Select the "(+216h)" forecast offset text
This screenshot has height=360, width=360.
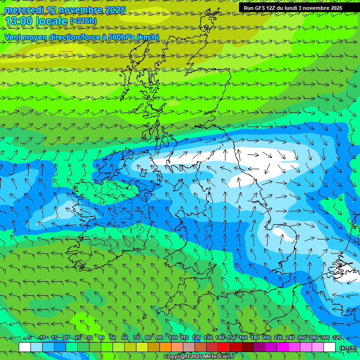tap(83, 21)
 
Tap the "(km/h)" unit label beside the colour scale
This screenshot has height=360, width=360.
tap(347, 347)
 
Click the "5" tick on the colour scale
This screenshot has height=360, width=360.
tap(29, 337)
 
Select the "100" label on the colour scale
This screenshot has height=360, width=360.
tap(172, 337)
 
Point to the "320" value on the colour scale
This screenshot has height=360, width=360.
tap(337, 337)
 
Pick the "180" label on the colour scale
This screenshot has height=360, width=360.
tap(255, 337)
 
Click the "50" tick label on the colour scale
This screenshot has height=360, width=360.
tap(113, 337)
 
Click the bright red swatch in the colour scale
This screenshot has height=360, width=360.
tap(224, 347)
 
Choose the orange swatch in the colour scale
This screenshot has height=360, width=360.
tap(165, 347)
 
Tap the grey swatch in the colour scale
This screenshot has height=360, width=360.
tap(189, 347)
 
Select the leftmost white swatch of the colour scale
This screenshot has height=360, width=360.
tap(25, 347)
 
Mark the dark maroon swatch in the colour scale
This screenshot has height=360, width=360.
tap(247, 347)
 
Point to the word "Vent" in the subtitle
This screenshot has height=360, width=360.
tap(14, 37)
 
